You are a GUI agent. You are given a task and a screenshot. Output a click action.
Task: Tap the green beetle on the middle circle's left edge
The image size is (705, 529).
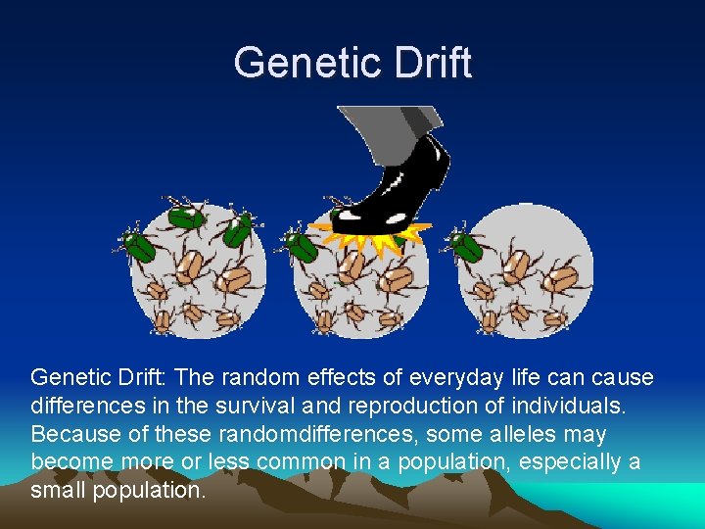click(x=299, y=244)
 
